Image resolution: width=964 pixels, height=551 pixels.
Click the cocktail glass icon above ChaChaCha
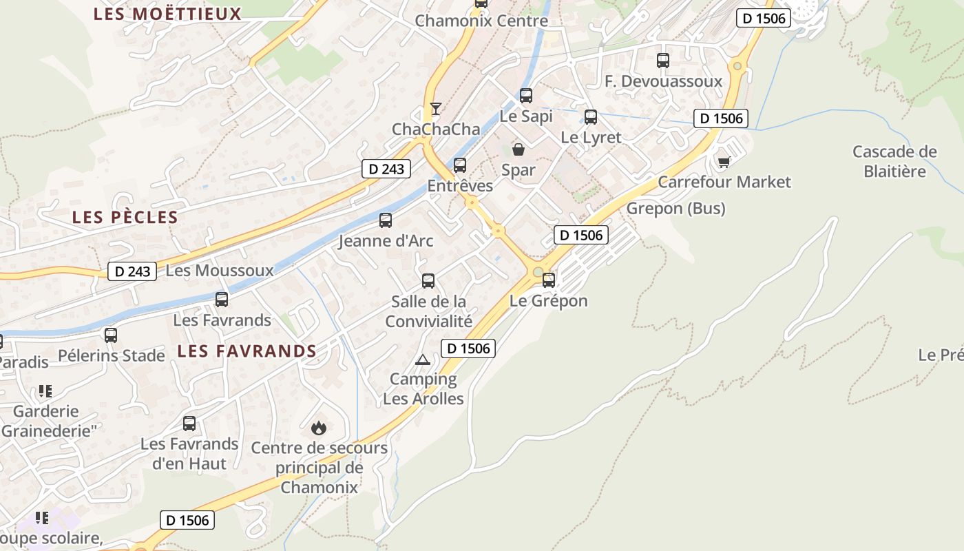click(x=435, y=108)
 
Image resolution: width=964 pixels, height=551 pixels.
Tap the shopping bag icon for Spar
click(x=518, y=149)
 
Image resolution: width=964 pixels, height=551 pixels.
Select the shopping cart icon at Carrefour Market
click(x=724, y=162)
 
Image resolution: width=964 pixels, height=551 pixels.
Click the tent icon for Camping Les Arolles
click(x=422, y=360)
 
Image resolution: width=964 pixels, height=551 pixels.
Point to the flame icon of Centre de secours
click(x=318, y=428)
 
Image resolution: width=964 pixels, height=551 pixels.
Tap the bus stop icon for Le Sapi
click(x=526, y=96)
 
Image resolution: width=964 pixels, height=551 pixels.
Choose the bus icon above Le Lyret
click(x=591, y=117)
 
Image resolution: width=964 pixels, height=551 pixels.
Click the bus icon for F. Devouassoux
click(x=663, y=61)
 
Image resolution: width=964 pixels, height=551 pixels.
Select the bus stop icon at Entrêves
click(x=460, y=165)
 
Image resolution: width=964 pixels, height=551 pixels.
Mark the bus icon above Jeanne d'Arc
click(x=386, y=220)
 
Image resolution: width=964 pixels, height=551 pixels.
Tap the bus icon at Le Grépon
click(x=549, y=280)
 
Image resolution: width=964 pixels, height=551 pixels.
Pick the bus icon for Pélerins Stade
click(x=111, y=335)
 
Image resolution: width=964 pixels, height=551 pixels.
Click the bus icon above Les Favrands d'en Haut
click(x=189, y=424)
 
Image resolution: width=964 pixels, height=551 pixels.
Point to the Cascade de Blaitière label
click(x=894, y=161)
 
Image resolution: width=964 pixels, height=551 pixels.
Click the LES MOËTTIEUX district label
click(x=167, y=14)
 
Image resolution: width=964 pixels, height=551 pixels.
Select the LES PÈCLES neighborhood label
click(x=125, y=218)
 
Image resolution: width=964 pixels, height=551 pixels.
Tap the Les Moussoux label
click(x=220, y=271)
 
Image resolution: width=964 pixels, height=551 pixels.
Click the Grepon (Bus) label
click(x=675, y=208)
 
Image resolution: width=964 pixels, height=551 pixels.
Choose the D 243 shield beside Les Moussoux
click(x=132, y=271)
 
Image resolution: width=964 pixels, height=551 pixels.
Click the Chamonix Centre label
click(x=481, y=21)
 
